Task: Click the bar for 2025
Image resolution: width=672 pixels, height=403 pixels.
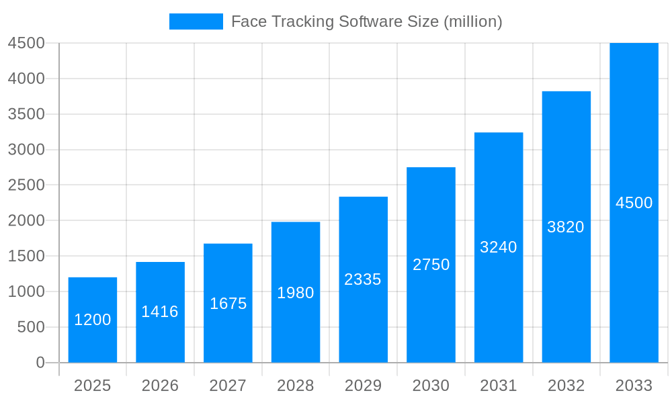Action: click(x=93, y=320)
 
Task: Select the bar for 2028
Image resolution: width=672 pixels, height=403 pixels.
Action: click(x=296, y=292)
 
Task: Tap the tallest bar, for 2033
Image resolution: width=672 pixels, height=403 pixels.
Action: click(x=634, y=203)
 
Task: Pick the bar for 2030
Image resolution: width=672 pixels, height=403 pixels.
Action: click(x=431, y=265)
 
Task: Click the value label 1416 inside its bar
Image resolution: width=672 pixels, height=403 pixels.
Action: click(x=160, y=312)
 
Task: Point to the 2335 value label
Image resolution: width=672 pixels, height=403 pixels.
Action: click(x=363, y=279)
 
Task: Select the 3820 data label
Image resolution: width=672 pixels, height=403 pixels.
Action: click(x=566, y=227)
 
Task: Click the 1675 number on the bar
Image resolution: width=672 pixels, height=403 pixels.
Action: click(x=228, y=304)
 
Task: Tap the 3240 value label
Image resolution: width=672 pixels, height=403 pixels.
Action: click(x=499, y=247)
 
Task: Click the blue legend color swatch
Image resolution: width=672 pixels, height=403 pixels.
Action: click(x=196, y=21)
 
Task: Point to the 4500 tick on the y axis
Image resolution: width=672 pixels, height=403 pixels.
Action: click(x=26, y=43)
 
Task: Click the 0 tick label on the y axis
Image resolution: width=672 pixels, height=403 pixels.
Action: click(x=40, y=363)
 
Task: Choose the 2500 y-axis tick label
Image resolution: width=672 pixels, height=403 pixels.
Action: click(x=26, y=185)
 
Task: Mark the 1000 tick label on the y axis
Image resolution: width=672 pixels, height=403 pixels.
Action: click(x=26, y=292)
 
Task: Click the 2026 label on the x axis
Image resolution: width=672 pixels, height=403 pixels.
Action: click(x=160, y=386)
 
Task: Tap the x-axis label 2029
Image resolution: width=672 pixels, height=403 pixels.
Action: click(x=363, y=386)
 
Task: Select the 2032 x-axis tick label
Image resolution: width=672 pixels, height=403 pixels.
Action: click(x=566, y=386)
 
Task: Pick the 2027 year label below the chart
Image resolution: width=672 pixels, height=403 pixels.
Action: click(x=228, y=386)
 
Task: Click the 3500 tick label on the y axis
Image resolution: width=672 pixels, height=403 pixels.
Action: click(x=26, y=114)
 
